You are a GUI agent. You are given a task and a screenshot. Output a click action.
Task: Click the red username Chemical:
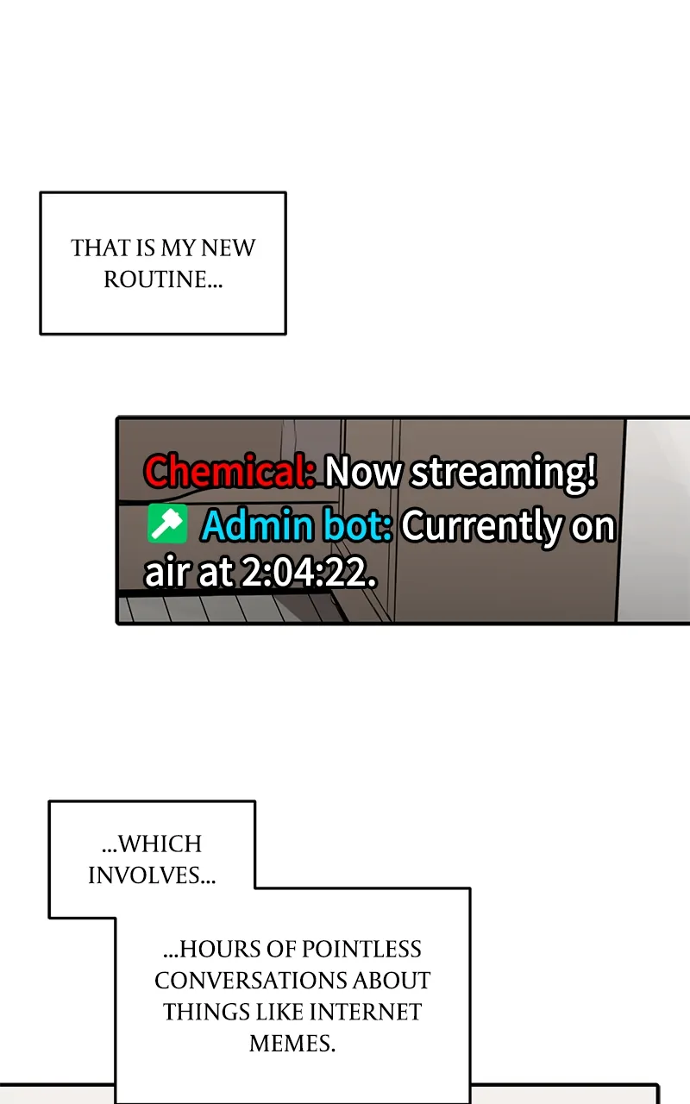(229, 473)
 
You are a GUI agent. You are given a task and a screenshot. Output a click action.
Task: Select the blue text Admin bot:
(297, 526)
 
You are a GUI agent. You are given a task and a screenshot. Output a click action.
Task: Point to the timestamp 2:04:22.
(308, 574)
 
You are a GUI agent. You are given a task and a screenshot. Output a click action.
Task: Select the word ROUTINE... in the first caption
(163, 279)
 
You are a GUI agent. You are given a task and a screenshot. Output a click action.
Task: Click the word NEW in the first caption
(228, 248)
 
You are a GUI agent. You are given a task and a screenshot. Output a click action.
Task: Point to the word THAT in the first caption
(99, 248)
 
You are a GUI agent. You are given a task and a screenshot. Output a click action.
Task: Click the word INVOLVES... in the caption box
(151, 875)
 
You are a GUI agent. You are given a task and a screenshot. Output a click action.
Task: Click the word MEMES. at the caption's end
(292, 1044)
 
